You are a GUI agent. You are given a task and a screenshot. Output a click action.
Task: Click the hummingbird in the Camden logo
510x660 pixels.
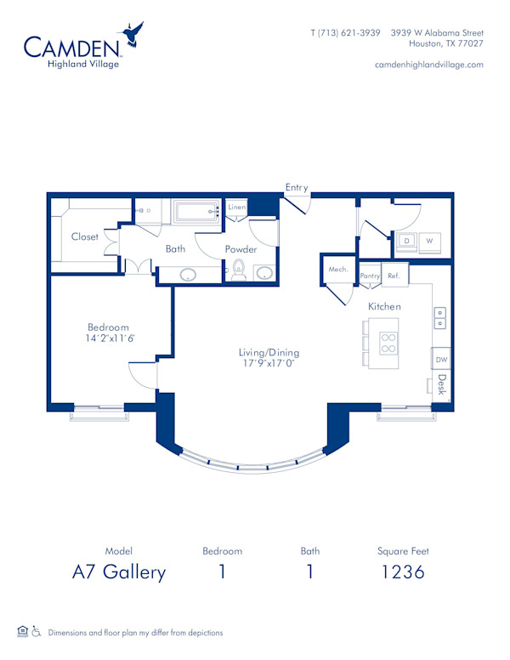[x=132, y=36]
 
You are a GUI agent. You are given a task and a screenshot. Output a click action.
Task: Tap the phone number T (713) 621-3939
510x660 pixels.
[x=345, y=32]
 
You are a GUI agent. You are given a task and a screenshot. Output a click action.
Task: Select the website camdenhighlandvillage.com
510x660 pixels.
[x=428, y=64]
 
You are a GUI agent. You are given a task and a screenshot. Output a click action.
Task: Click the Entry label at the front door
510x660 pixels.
[x=297, y=187]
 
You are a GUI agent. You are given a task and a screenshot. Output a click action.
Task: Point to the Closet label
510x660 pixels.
[x=84, y=236]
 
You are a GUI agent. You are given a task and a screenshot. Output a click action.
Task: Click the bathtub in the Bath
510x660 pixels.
[x=197, y=212]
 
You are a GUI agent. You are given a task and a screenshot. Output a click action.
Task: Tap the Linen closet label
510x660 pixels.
[x=237, y=207]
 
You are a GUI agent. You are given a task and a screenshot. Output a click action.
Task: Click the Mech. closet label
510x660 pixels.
[x=338, y=270]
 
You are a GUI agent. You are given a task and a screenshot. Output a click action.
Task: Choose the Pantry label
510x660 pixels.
[x=370, y=275]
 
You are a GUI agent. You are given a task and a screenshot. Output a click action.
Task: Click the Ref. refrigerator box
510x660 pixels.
[x=394, y=275]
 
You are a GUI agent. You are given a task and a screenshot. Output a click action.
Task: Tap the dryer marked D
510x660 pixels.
[x=406, y=242]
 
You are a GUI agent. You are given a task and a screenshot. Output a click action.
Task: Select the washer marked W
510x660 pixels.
[x=429, y=242]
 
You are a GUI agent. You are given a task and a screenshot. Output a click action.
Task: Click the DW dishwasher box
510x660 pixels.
[x=441, y=360]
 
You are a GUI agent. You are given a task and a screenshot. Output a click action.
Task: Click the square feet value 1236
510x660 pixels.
[x=403, y=572]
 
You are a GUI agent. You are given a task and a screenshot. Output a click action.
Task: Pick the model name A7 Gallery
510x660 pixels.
[x=118, y=572]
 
